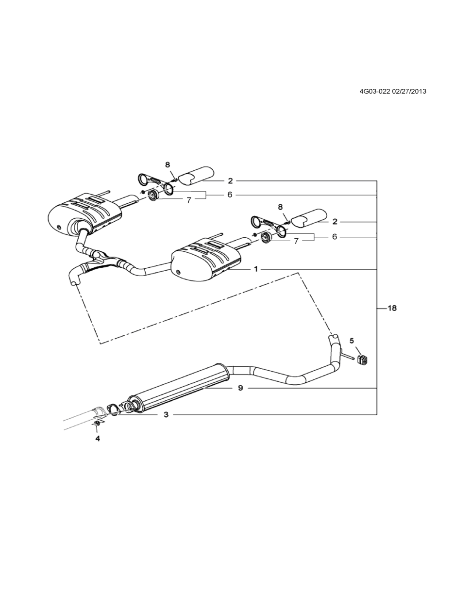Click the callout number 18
coord(392,308)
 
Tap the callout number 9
coord(240,388)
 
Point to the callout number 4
coord(97,439)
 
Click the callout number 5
coord(352,341)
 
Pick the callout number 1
coord(255,269)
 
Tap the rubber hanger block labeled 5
coord(362,360)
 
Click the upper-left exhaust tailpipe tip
coord(197,175)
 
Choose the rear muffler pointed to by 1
coord(206,260)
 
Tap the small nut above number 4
coord(97,424)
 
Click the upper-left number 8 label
coord(168,164)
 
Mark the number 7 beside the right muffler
coord(296,241)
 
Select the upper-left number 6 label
coord(230,195)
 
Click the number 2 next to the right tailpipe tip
coord(335,222)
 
